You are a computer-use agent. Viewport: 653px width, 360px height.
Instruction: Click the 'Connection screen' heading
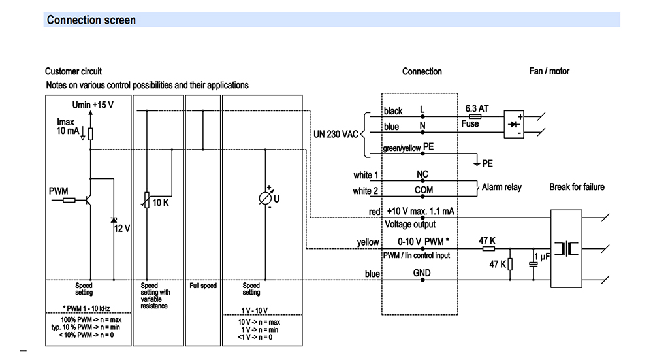(x=91, y=20)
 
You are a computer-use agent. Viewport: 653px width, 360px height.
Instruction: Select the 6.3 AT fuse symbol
(x=475, y=117)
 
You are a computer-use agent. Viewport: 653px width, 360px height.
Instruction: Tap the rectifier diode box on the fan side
(x=514, y=124)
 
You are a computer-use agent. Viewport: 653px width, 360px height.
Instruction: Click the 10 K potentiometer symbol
(x=146, y=200)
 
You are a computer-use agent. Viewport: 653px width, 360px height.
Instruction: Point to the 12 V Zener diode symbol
(x=114, y=220)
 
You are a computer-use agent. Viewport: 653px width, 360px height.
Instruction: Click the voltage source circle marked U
(x=265, y=199)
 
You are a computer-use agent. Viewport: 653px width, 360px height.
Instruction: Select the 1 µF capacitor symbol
(x=533, y=264)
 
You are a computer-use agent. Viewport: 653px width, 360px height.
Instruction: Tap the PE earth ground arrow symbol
(x=477, y=163)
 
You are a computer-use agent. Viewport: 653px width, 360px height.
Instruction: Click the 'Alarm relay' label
(x=502, y=187)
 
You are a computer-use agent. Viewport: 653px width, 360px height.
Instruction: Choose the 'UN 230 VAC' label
(x=336, y=134)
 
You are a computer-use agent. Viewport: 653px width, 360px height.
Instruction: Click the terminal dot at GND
(x=422, y=280)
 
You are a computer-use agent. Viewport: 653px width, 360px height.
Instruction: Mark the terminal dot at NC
(x=422, y=181)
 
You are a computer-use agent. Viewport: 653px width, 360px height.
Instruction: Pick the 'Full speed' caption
(x=203, y=286)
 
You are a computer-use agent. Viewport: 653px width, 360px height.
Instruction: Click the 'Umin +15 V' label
(x=93, y=105)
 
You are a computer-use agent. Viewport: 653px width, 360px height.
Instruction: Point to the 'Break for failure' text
(x=577, y=187)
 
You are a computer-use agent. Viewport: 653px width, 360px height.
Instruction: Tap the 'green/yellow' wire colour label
(x=402, y=148)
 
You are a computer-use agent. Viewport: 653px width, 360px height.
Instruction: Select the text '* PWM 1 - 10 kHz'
(x=86, y=309)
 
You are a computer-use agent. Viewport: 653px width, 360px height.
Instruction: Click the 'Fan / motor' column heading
(x=549, y=71)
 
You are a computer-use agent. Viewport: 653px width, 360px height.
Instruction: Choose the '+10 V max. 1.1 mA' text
(x=421, y=211)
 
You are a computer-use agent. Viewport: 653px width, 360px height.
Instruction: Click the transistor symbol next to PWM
(x=89, y=200)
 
